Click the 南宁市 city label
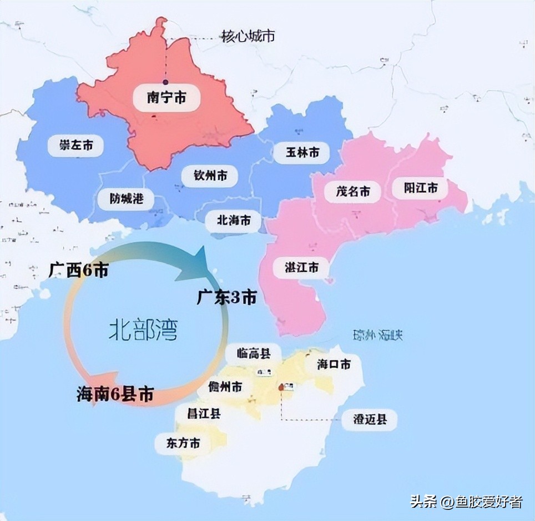pos(166,98)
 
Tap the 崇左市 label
pos(77,147)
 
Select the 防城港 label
pos(127,198)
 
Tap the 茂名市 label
pos(353,192)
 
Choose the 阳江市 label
pos(422,188)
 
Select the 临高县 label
pos(253,353)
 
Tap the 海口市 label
pos(334,364)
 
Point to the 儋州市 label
pos(225,387)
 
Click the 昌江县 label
pos(204,413)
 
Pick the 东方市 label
pos(183,443)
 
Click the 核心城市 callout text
pos(248,37)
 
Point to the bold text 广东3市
pos(226,298)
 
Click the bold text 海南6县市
pos(115,394)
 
